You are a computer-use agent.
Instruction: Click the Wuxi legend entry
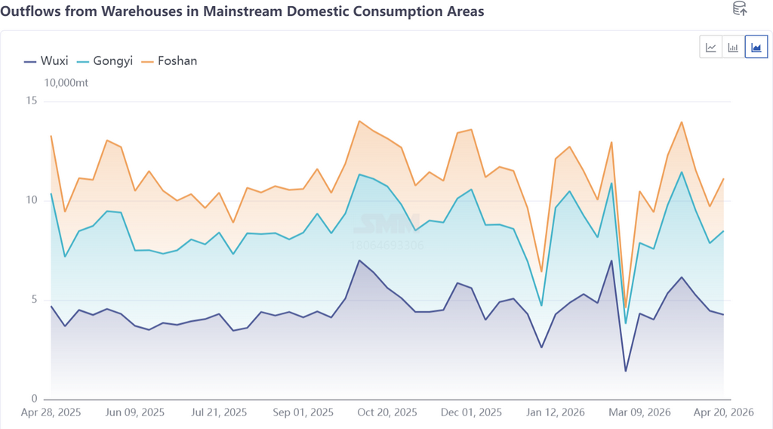46,61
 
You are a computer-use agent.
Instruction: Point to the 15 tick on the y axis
31,101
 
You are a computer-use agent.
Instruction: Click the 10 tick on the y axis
31,200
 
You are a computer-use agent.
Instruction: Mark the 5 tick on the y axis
34,300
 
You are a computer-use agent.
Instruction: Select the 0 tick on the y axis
34,399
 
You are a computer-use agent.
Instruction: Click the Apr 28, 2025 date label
51,413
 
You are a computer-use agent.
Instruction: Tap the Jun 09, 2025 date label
135,413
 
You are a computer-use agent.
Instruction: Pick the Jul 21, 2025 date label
220,413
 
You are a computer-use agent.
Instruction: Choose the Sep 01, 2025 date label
303,413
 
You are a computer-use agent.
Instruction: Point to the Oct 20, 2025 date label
387,413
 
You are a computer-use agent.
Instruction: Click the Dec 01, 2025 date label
472,413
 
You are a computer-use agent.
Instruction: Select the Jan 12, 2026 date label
556,413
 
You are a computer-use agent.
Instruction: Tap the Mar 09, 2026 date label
639,413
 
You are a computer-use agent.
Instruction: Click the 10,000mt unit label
66,82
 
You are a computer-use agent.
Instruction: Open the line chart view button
711,48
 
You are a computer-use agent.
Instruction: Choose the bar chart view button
733,48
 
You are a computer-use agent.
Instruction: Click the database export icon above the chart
740,9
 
